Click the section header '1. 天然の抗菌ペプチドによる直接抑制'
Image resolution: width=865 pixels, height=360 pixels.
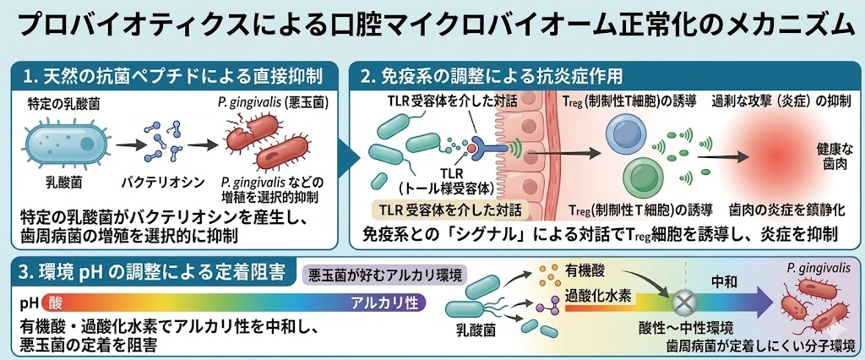pos(173,78)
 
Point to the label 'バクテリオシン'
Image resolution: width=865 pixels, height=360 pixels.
pos(149,182)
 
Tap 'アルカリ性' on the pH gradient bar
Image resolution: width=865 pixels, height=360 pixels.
pos(383,302)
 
